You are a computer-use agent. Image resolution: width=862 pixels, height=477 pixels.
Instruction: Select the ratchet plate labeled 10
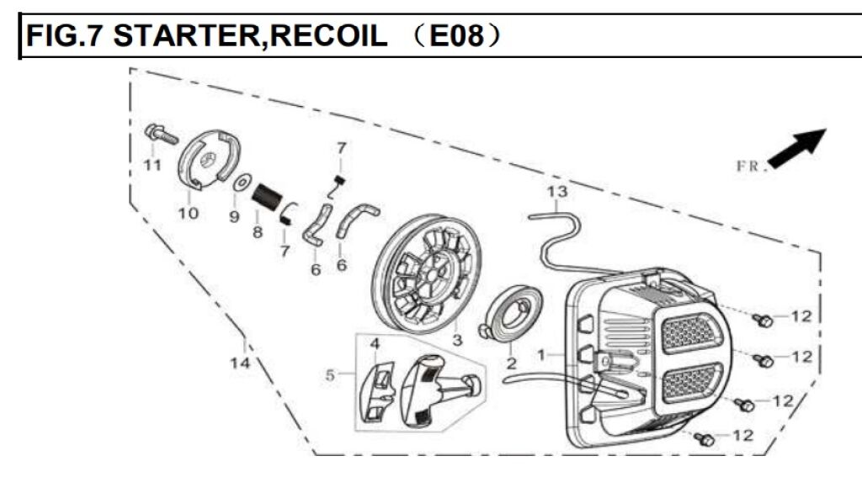click(211, 160)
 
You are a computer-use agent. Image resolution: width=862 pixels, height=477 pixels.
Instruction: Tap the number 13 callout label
click(557, 193)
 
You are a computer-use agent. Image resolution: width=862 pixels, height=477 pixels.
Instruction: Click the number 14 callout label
click(241, 363)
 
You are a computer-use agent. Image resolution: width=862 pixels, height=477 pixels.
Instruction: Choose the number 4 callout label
click(375, 343)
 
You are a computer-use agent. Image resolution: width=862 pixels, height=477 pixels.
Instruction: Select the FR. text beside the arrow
click(752, 166)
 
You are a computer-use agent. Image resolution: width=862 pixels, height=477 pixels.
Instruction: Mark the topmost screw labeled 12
click(764, 320)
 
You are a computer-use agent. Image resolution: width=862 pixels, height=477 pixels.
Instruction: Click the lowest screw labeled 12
click(705, 438)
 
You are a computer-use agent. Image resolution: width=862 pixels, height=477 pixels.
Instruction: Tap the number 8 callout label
click(258, 231)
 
